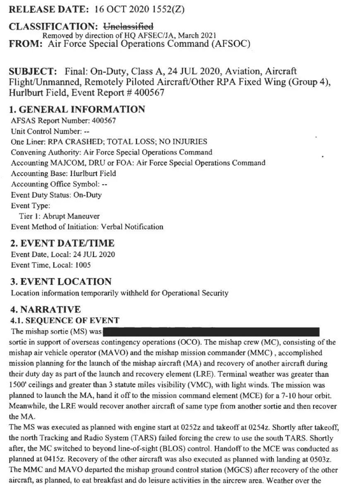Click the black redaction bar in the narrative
[211, 331]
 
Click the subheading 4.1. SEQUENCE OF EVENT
[64, 321]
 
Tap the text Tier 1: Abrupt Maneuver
[59, 216]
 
